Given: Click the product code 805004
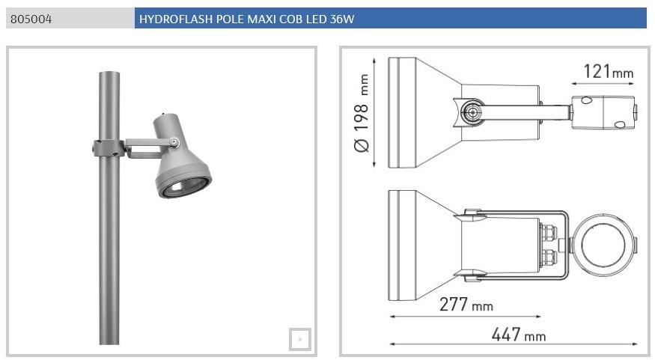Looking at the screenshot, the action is [x=31, y=19].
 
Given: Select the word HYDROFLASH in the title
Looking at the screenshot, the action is [x=176, y=19].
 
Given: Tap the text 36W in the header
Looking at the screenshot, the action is [x=341, y=19].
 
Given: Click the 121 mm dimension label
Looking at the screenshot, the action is [x=608, y=71].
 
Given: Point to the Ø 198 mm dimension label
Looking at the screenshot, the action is [x=362, y=113].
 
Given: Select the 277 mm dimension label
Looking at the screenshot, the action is [x=466, y=304].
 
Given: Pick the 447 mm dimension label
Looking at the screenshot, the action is [x=519, y=335].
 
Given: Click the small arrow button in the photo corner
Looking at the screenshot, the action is [x=300, y=340].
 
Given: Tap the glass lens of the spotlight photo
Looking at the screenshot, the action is [x=184, y=187].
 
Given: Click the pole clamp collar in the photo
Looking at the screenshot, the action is [x=109, y=149].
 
